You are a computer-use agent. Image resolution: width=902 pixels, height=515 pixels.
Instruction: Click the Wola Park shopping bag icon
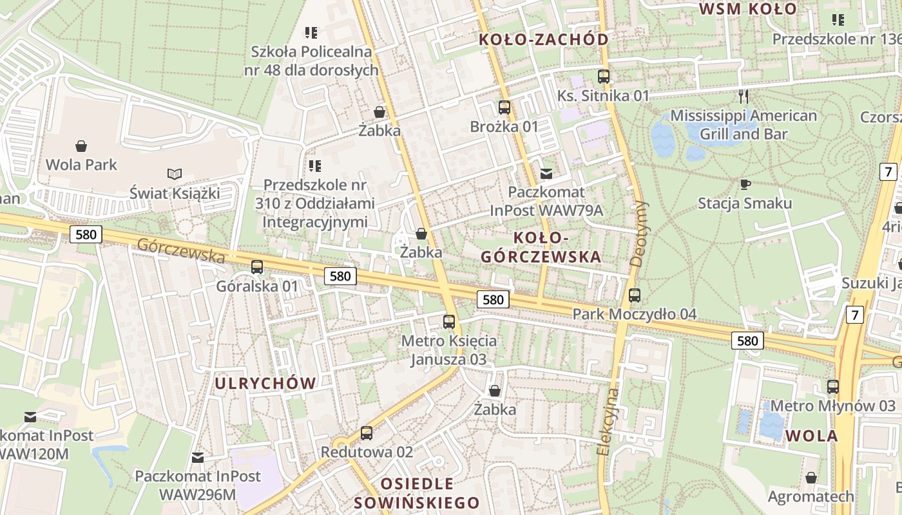coord(81,146)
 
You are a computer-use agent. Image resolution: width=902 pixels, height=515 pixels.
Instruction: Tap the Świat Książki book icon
coord(174,174)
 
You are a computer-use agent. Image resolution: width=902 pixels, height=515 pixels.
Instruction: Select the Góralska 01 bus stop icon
coord(257,267)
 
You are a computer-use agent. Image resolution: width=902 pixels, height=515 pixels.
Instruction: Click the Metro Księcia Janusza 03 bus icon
coord(449,321)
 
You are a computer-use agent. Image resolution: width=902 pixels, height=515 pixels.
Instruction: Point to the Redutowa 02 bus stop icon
coord(367,433)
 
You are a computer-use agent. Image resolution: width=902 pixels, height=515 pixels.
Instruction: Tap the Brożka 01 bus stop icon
coord(504,108)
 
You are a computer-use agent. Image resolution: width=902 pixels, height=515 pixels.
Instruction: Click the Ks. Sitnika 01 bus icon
coord(604,77)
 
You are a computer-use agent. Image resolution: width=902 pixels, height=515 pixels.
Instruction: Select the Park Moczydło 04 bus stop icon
coord(635,295)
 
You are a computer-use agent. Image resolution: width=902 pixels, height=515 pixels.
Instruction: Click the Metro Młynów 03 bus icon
coord(833,387)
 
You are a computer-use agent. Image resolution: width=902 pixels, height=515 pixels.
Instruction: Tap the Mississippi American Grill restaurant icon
coord(744,97)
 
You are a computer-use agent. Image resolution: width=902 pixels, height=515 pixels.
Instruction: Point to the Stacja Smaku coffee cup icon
coord(745,185)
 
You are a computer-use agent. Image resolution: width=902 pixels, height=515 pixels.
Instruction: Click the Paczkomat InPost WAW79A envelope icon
coord(546,173)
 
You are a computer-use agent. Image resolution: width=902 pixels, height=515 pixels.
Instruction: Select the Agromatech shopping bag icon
coord(811,478)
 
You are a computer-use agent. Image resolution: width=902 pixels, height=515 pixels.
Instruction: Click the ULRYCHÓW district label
coord(265,384)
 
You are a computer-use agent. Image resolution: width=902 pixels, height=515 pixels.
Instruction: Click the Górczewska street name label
coord(181,250)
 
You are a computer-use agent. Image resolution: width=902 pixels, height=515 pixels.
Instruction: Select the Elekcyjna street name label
coord(608,422)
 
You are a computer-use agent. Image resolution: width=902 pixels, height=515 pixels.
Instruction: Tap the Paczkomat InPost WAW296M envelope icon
coord(198,458)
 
